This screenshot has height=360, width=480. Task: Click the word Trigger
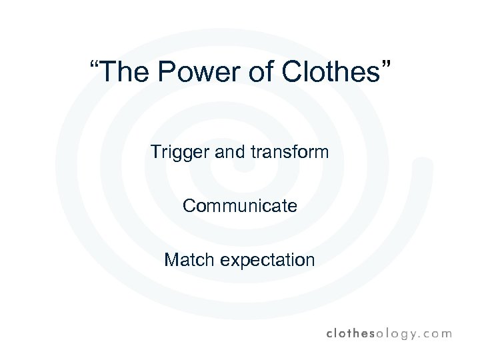click(177, 153)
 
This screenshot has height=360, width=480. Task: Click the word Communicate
click(240, 206)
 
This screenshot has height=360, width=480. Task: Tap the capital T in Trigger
click(156, 152)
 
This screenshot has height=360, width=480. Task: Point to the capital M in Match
click(171, 259)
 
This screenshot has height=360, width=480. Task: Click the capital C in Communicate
click(189, 206)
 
